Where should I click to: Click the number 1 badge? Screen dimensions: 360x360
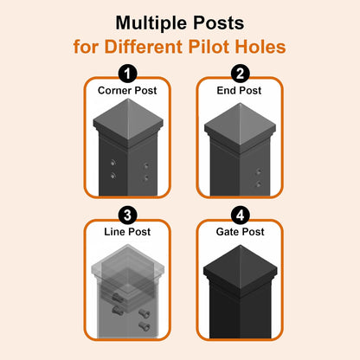[x=126, y=74]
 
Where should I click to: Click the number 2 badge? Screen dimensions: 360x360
[x=241, y=74]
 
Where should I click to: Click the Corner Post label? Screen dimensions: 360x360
[x=126, y=90]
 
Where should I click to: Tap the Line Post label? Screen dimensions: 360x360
[x=126, y=232]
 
